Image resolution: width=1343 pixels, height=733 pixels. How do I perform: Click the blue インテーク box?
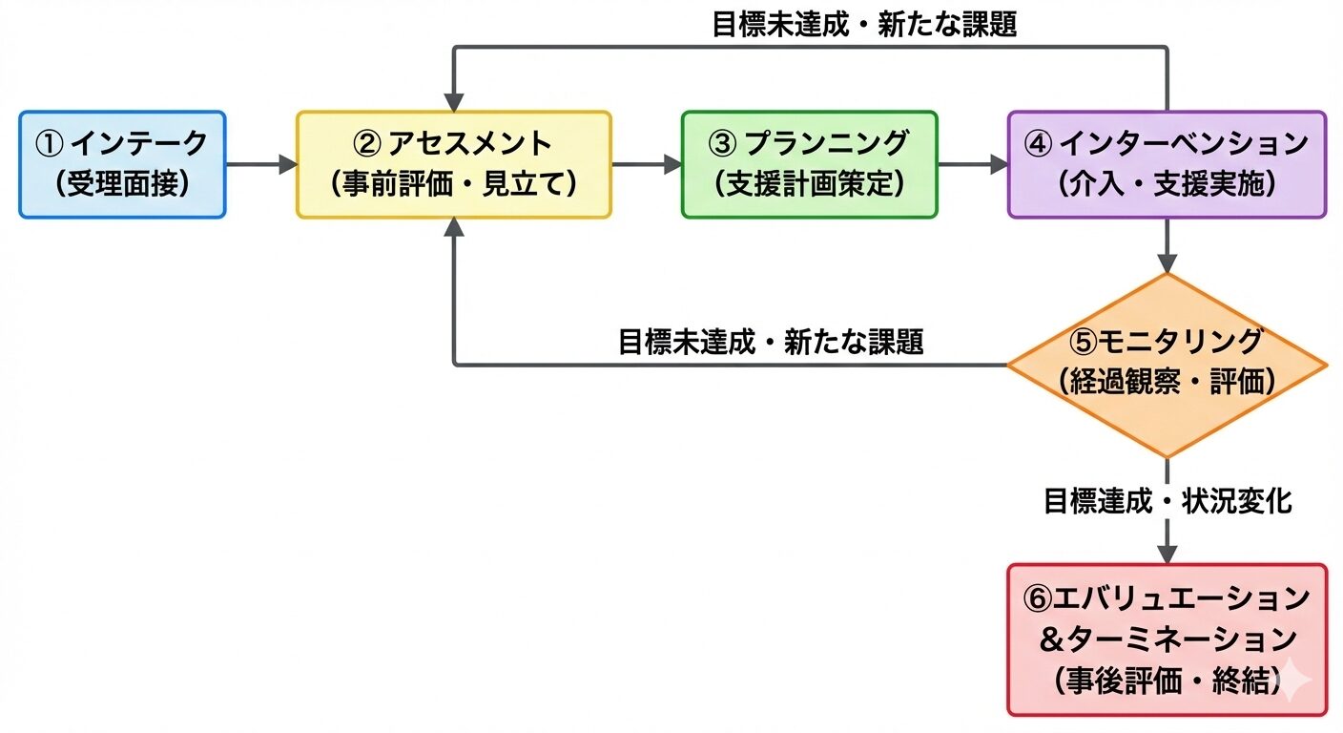coord(122,164)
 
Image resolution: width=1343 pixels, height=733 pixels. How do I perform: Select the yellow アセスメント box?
coord(453,164)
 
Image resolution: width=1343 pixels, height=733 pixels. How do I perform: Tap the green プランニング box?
coord(809,164)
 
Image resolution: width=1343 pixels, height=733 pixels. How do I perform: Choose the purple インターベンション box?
coord(1167,164)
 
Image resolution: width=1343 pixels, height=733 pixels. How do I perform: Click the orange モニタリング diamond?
coord(1167,365)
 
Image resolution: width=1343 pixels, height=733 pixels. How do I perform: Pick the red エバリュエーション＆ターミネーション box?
coord(1167,639)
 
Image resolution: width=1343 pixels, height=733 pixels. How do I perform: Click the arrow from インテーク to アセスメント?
coord(260,164)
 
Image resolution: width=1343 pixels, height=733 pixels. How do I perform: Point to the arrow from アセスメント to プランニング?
coord(646,164)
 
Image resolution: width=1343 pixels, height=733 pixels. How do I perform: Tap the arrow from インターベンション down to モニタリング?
coord(1167,246)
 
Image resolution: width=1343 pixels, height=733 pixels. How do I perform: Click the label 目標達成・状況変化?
coord(1167,501)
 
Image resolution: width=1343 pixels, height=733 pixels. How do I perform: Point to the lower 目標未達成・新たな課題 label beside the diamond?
coord(771,343)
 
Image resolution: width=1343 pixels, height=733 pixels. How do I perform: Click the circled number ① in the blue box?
coord(49,144)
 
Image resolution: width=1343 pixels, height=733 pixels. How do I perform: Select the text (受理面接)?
coord(122,184)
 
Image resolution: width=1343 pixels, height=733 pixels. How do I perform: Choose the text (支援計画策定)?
coord(809,184)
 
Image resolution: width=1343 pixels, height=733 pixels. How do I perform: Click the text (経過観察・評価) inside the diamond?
coord(1167,382)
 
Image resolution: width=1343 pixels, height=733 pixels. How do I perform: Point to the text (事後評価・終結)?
coord(1167,681)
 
